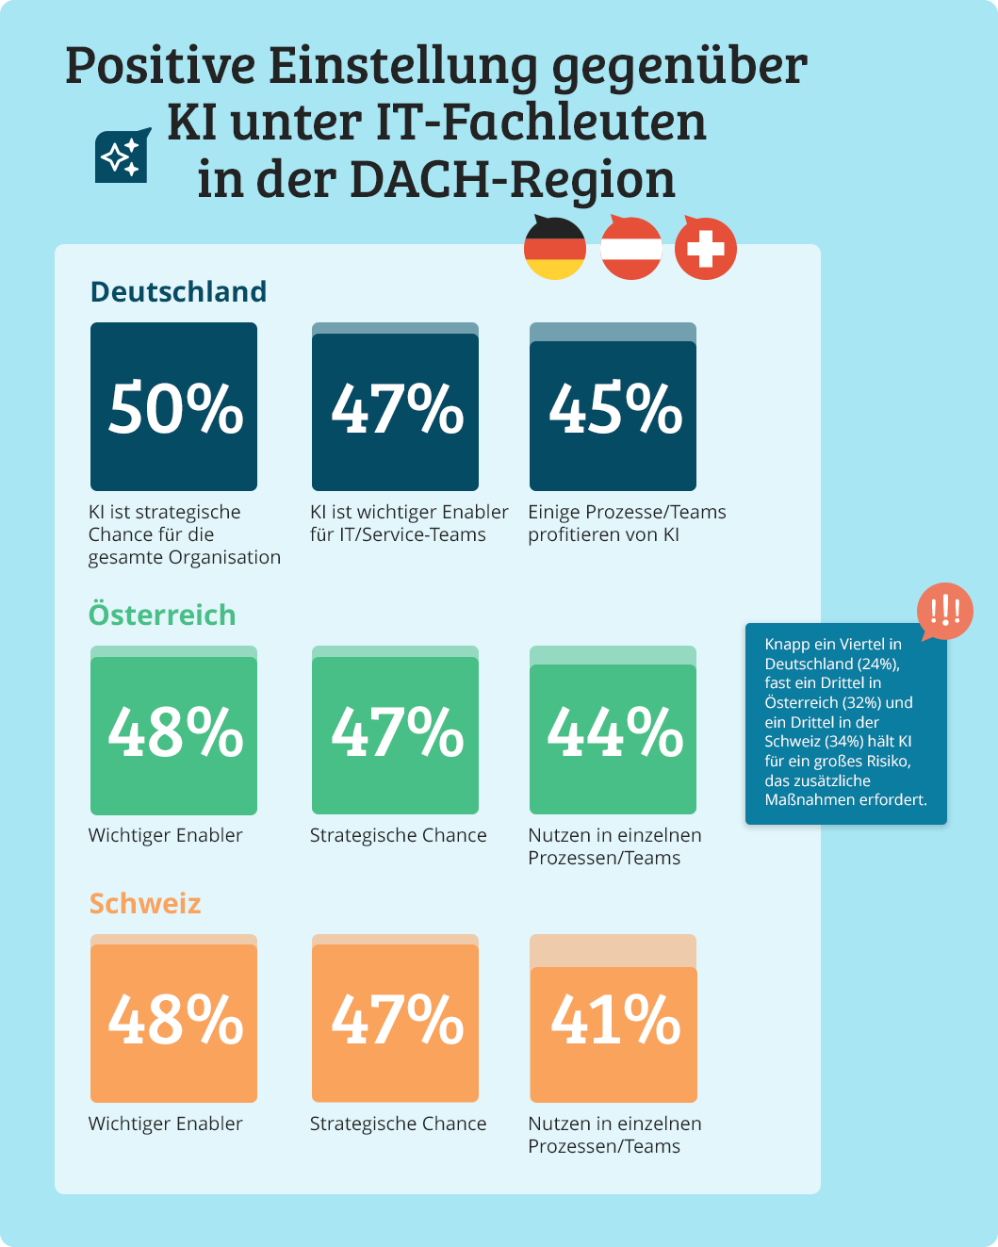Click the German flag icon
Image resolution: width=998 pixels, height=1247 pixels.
point(555,248)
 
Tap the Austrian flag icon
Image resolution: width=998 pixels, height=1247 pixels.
point(630,248)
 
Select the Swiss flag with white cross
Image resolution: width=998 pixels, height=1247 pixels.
point(706,249)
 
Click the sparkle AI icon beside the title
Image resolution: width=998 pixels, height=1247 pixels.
point(123,156)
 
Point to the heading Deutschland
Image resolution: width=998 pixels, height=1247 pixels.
point(178,292)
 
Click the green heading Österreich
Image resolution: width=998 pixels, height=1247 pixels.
point(162,615)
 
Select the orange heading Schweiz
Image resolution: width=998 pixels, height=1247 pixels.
point(145,904)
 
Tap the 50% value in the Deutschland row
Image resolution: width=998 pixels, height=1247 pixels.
point(174,409)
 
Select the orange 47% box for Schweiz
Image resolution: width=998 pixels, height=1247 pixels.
point(396,1021)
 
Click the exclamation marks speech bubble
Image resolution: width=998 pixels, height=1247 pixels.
point(944,612)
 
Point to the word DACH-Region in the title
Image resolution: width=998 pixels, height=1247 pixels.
point(512,179)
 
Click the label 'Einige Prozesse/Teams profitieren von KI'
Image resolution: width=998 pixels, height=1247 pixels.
point(627,523)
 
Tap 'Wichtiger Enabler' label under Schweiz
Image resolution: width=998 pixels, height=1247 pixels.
point(166,1124)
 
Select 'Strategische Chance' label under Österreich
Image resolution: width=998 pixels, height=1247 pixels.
point(399,835)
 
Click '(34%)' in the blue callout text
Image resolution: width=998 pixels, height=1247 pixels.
point(844,742)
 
